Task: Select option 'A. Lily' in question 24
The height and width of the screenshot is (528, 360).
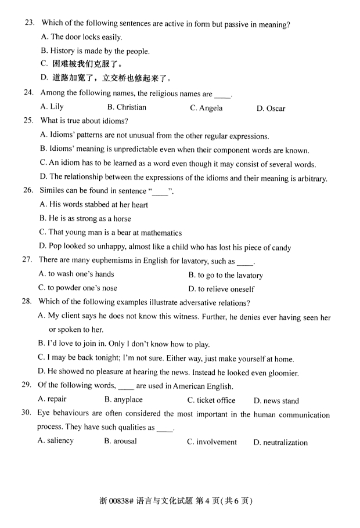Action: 52,107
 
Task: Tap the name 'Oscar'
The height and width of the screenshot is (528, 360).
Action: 276,109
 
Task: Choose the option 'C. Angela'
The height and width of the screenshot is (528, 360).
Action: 206,108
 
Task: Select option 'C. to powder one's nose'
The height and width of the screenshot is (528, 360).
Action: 77,288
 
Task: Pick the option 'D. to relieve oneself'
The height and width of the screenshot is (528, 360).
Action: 221,289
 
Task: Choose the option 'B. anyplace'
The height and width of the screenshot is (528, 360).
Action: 123,400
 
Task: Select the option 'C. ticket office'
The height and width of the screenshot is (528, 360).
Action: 211,400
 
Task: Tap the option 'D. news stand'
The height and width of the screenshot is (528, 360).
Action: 276,401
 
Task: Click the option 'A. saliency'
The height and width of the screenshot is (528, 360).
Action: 56,441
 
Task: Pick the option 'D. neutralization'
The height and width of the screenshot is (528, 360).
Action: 280,443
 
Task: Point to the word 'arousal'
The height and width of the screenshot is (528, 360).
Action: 125,442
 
